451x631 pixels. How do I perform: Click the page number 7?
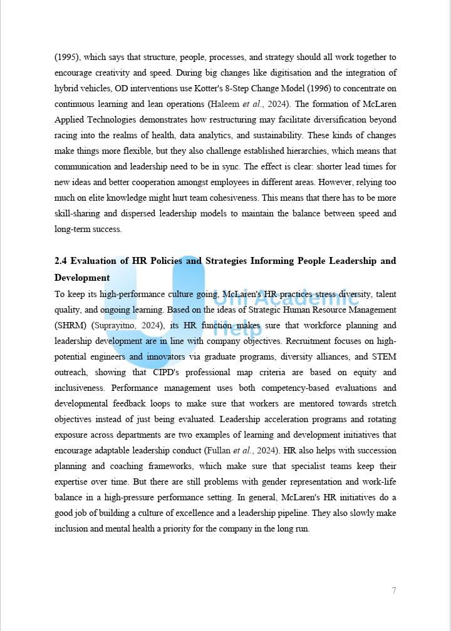coord(394,590)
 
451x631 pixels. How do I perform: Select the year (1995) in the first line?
coord(67,58)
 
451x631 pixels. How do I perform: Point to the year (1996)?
coord(274,89)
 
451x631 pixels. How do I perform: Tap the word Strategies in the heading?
coord(229,261)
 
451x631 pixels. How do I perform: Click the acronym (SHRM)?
coord(71,325)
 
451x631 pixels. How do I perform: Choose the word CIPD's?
coord(170,372)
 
